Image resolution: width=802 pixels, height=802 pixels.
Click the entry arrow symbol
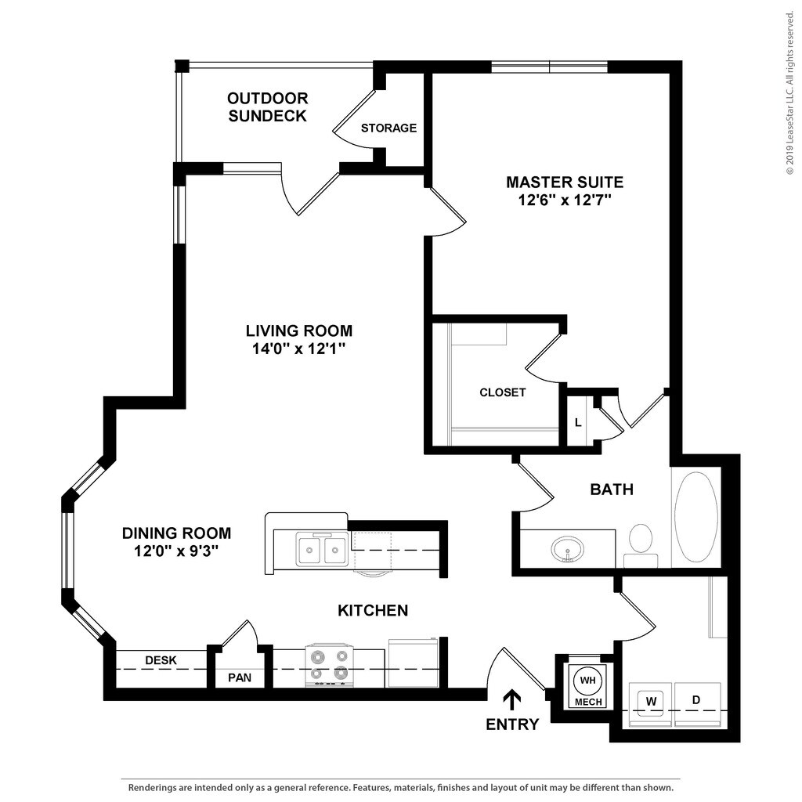[512, 700]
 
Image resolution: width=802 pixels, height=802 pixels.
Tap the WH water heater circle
[587, 681]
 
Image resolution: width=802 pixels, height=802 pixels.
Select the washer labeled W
[650, 704]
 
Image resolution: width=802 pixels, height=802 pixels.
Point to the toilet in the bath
[641, 545]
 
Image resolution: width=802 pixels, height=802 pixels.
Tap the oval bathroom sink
[567, 550]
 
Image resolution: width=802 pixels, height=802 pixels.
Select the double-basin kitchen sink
[322, 549]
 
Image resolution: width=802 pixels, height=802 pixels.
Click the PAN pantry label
[240, 677]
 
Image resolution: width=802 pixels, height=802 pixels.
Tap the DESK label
[161, 660]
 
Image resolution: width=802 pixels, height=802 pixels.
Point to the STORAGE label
[388, 128]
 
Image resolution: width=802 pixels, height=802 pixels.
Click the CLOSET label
[502, 392]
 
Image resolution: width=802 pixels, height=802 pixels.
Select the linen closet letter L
[578, 422]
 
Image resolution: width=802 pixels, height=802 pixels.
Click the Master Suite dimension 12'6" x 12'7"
[565, 200]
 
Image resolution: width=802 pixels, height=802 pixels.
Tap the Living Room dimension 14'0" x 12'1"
[298, 349]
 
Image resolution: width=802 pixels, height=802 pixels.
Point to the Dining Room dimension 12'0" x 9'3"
[176, 551]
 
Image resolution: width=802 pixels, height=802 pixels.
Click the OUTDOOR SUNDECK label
[268, 107]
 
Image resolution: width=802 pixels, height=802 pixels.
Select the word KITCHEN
[373, 610]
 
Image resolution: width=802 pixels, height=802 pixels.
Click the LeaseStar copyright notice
[791, 93]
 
